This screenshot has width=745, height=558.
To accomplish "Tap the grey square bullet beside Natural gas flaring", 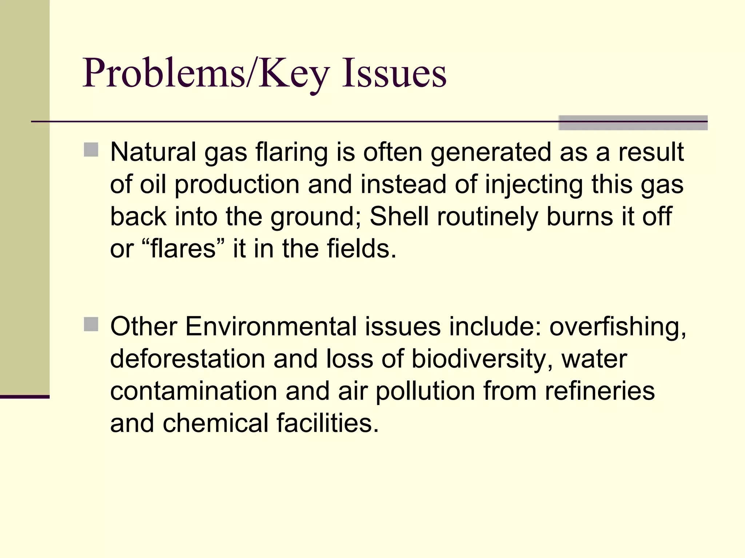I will pos(91,150).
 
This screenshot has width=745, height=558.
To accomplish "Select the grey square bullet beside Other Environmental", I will pos(91,324).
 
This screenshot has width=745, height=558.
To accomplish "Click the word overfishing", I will pos(617,326).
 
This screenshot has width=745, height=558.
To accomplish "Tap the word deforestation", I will pos(188,359).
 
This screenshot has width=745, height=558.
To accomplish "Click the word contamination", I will pos(194,391).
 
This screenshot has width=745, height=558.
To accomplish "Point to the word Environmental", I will pos(271,326).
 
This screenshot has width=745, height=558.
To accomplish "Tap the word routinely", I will pos(487,217).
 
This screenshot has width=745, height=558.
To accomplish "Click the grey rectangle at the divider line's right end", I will pos(633,123).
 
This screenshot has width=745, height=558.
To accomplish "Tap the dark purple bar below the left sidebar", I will pos(25,397).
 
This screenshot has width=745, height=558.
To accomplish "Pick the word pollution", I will pos(425,391).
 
